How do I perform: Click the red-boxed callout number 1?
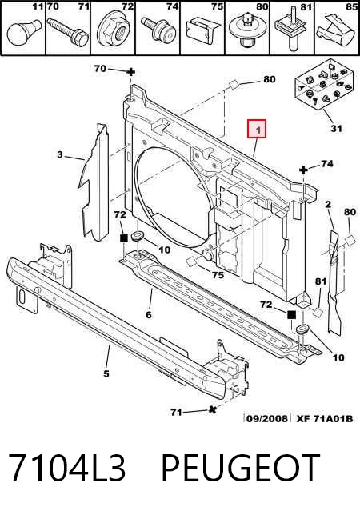coord(258,130)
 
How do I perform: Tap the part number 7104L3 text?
coord(67,468)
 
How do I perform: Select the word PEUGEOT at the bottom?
coord(240,468)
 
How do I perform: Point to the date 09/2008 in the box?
coord(267,418)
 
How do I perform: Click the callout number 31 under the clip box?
coord(336,128)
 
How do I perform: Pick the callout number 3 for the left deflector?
coord(59,154)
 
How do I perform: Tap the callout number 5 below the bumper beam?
coord(106,373)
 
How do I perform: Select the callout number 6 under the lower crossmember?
coord(149,315)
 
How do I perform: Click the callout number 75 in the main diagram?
coord(218,275)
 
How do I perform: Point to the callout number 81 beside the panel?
coord(321,281)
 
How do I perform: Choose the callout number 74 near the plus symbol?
coord(327,163)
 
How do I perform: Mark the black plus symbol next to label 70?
coord(130,72)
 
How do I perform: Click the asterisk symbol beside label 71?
coord(213,409)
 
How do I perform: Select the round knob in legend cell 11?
coord(24,32)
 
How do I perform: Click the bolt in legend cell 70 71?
coord(68,32)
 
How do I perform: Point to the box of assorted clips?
coord(322,84)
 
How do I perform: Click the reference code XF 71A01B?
coord(325,418)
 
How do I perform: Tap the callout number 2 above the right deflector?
coord(328,205)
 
